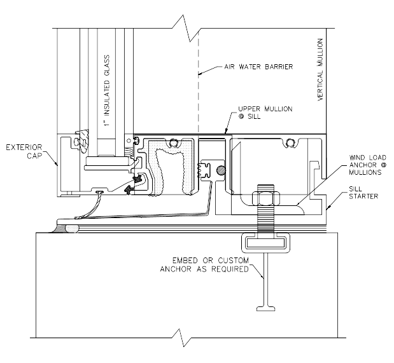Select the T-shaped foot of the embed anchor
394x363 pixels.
pyautogui.click(x=266, y=308)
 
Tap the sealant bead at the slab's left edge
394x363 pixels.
pyautogui.click(x=68, y=225)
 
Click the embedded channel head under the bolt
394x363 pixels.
pyautogui.click(x=265, y=242)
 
